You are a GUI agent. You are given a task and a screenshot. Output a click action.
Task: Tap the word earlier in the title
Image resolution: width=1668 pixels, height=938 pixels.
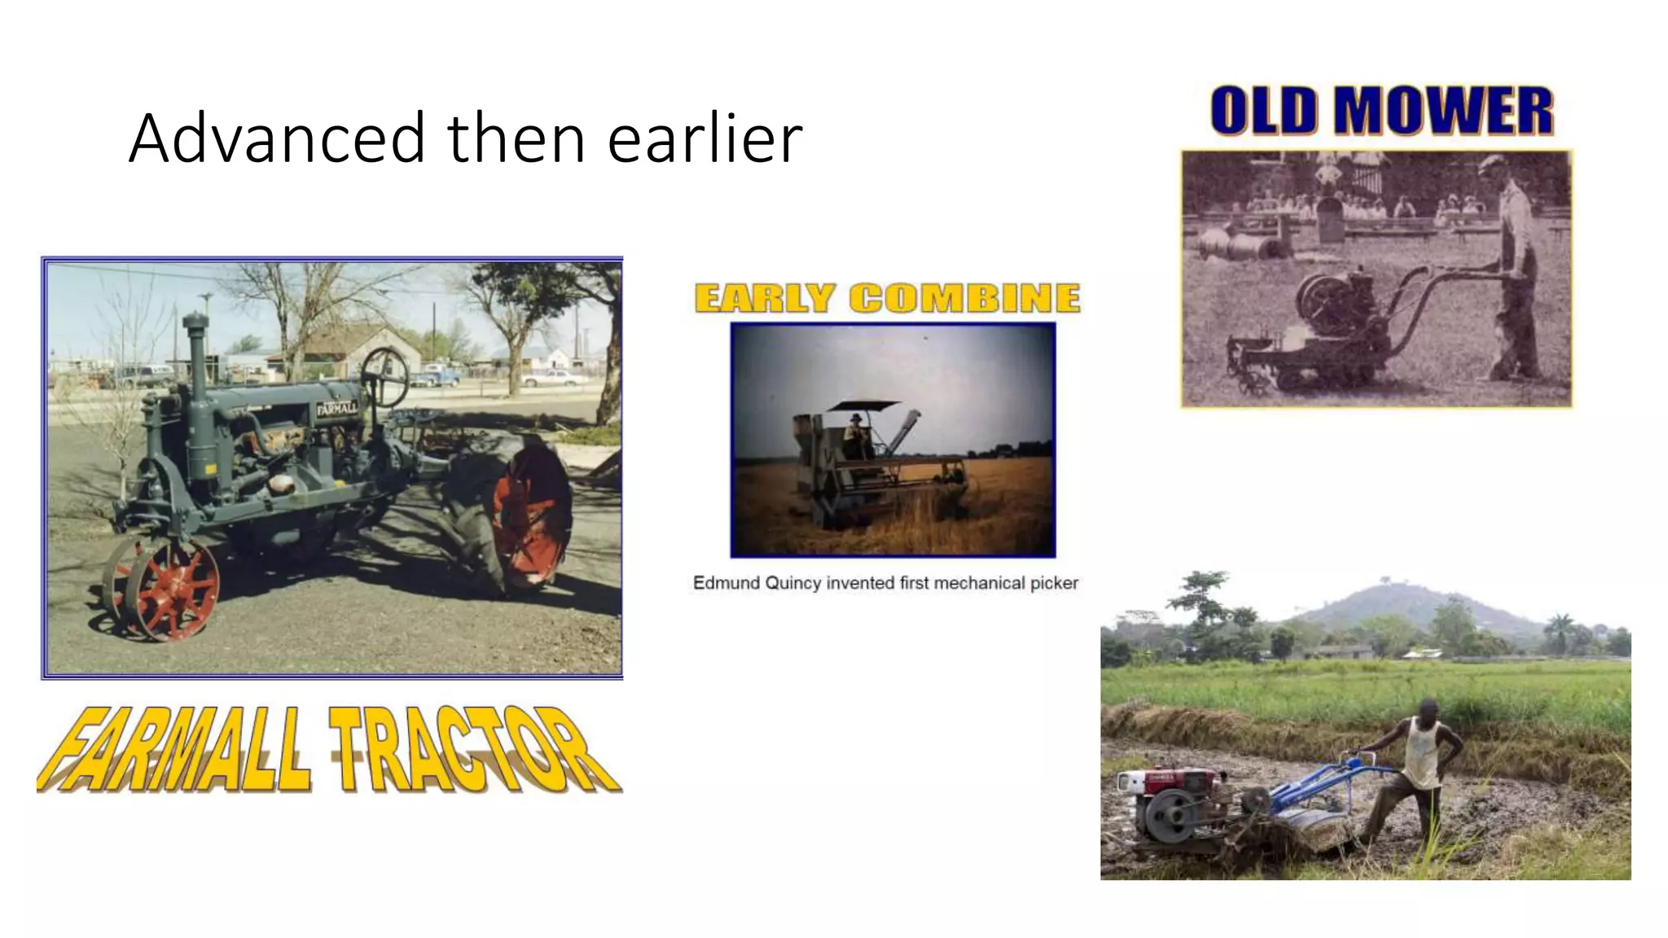pyautogui.click(x=705, y=138)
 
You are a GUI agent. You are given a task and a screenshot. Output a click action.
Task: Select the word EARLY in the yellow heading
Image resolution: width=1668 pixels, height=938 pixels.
pyautogui.click(x=765, y=298)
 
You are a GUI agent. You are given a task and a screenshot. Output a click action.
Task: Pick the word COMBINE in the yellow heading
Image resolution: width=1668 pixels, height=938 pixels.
pyautogui.click(x=965, y=298)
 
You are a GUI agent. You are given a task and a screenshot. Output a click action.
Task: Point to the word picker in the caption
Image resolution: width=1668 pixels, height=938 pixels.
pyautogui.click(x=1054, y=583)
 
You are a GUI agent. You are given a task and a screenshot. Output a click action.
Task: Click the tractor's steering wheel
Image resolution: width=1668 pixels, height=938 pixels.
pyautogui.click(x=384, y=376)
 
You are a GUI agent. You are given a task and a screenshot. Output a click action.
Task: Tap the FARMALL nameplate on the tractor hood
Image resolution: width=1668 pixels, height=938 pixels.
pyautogui.click(x=336, y=408)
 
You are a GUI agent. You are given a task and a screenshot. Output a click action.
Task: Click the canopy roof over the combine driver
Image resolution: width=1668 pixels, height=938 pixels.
pyautogui.click(x=863, y=405)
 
